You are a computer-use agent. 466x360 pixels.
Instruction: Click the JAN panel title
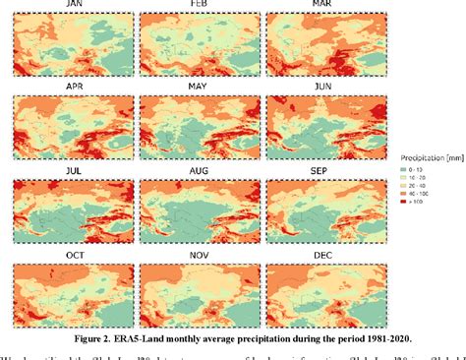[x=73, y=6]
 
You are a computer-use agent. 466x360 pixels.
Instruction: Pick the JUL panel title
[x=73, y=169]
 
